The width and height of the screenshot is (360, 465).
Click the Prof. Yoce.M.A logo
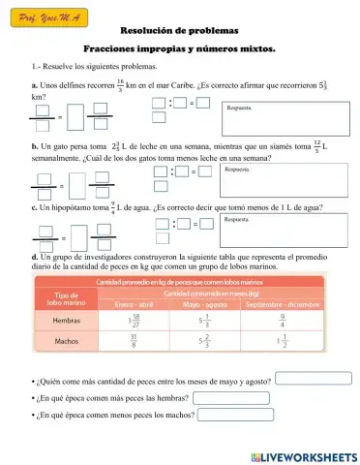(x=46, y=16)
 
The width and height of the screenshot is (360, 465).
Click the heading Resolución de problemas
(x=179, y=30)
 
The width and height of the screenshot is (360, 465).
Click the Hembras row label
(x=65, y=320)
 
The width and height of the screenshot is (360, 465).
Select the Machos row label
(x=65, y=341)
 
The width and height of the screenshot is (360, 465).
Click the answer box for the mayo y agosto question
(x=311, y=380)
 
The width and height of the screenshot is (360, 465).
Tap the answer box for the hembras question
(x=230, y=397)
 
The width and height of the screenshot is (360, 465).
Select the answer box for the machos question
(x=235, y=415)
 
